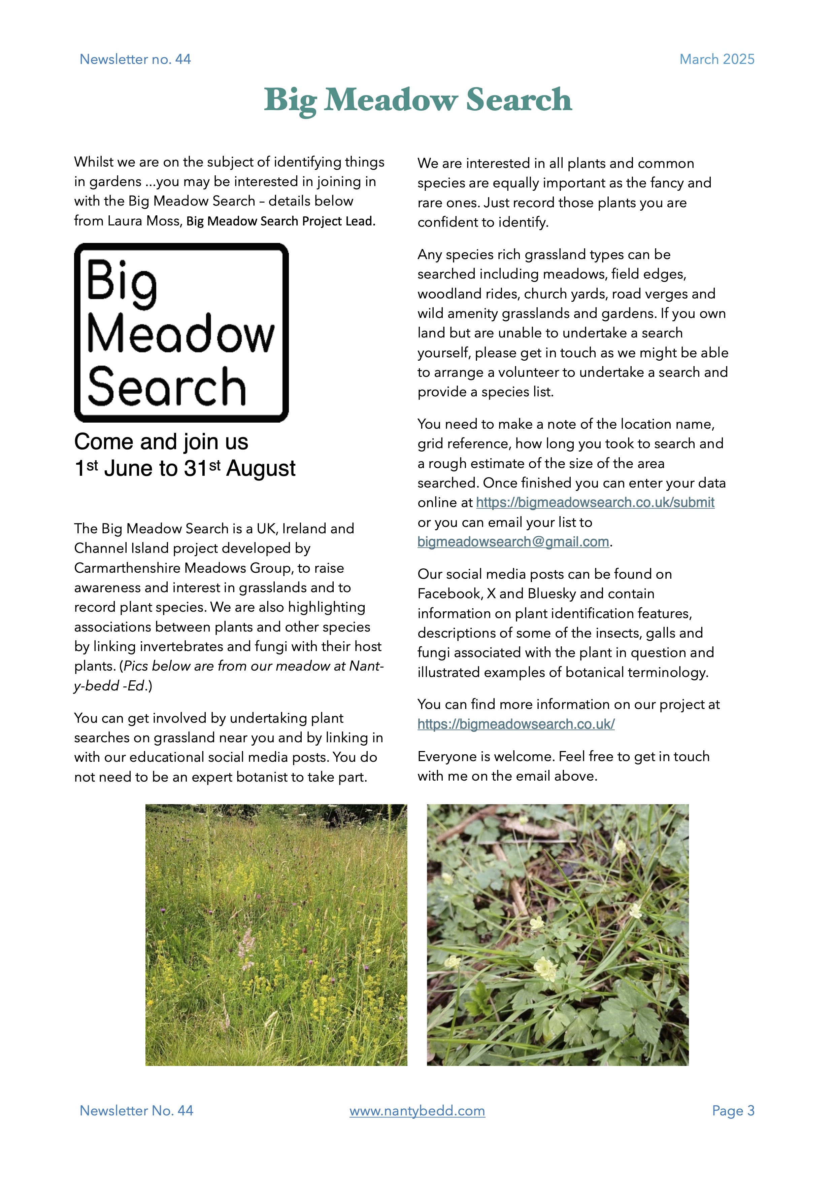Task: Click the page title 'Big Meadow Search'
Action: point(417,100)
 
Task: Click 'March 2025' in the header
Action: point(717,59)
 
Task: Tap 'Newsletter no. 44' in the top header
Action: point(135,59)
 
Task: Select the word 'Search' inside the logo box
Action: point(167,387)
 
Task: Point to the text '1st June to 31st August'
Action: point(185,468)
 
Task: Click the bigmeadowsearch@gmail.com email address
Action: point(513,542)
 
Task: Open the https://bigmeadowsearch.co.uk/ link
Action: point(516,724)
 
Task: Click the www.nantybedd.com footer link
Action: point(417,1111)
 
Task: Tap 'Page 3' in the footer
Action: point(733,1111)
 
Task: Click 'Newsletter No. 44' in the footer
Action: point(136,1111)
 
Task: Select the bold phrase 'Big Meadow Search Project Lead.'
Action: point(281,221)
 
